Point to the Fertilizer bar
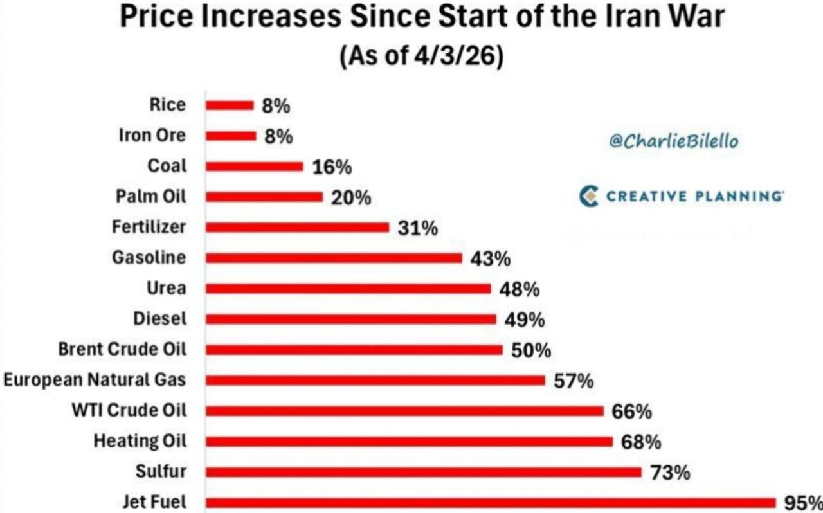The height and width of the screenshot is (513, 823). (297, 228)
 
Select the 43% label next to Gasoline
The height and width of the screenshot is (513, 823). (491, 258)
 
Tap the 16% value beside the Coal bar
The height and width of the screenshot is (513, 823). (332, 167)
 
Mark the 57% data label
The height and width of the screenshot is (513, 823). (574, 381)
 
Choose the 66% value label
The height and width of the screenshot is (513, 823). (631, 411)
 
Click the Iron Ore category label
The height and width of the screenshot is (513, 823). (152, 136)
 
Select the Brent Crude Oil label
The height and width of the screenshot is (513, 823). (122, 349)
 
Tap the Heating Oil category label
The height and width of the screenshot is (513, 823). (140, 441)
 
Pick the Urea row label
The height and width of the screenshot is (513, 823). (166, 288)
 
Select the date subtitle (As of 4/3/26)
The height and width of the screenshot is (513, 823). (421, 57)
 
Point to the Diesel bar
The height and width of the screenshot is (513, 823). (350, 319)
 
